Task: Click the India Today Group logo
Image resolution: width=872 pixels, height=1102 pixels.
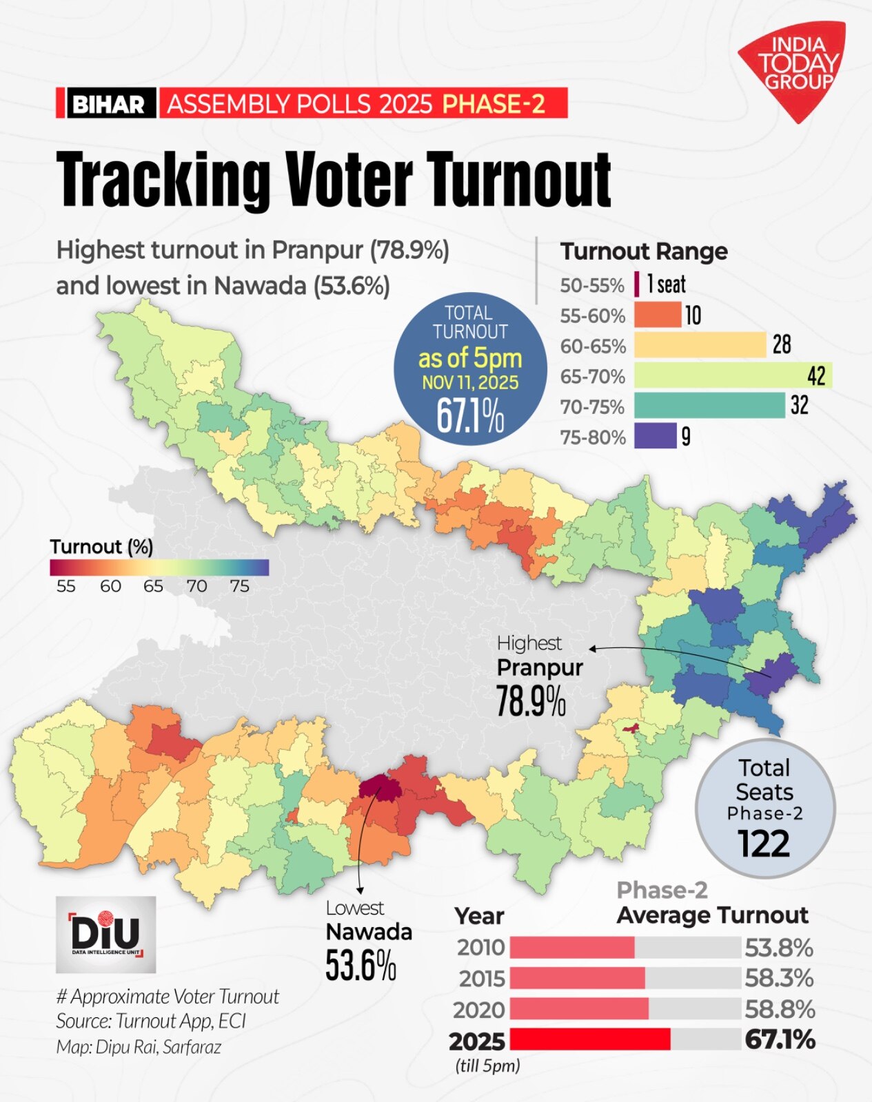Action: tap(793, 69)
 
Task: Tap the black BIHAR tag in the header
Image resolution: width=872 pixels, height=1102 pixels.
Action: tap(108, 104)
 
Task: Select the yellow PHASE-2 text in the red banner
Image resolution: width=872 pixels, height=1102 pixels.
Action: tap(494, 103)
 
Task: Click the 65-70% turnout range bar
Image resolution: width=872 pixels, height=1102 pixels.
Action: tap(732, 376)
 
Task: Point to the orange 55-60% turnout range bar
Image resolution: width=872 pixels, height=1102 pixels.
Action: tap(657, 315)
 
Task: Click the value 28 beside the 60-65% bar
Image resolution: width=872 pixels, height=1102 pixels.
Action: tap(782, 344)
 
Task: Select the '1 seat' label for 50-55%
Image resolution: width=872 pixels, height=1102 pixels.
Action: tap(666, 284)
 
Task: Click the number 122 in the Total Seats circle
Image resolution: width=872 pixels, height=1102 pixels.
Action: tap(764, 844)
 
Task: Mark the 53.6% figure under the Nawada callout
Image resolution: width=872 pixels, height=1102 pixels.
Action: tap(361, 966)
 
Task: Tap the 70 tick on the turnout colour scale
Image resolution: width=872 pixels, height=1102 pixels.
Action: tap(196, 586)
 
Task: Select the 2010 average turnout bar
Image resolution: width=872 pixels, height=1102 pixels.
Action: tap(572, 948)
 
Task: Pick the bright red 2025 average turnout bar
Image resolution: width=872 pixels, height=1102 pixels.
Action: tap(590, 1039)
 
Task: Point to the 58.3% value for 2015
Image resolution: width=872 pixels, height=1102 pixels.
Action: tap(779, 978)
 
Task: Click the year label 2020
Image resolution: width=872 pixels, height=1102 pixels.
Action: tap(479, 1010)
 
